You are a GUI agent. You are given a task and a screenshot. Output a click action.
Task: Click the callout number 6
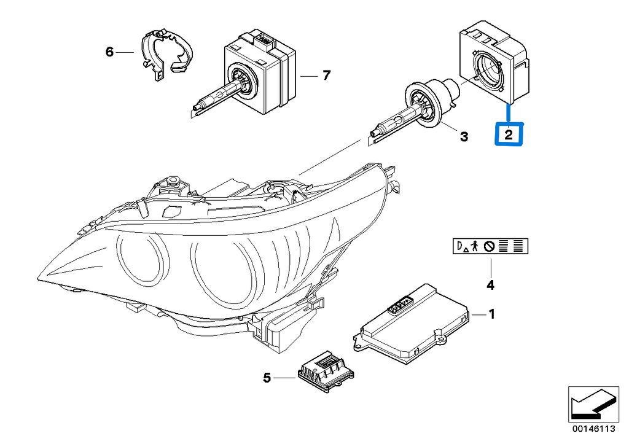109,52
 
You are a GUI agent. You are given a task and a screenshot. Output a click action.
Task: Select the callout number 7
326,76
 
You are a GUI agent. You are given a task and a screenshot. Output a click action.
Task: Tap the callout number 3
464,136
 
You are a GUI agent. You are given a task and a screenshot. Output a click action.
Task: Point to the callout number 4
490,285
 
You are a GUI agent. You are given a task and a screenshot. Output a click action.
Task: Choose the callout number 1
491,314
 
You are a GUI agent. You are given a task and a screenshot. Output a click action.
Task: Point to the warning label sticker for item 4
490,247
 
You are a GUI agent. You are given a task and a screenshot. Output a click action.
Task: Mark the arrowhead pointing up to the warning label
490,262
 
